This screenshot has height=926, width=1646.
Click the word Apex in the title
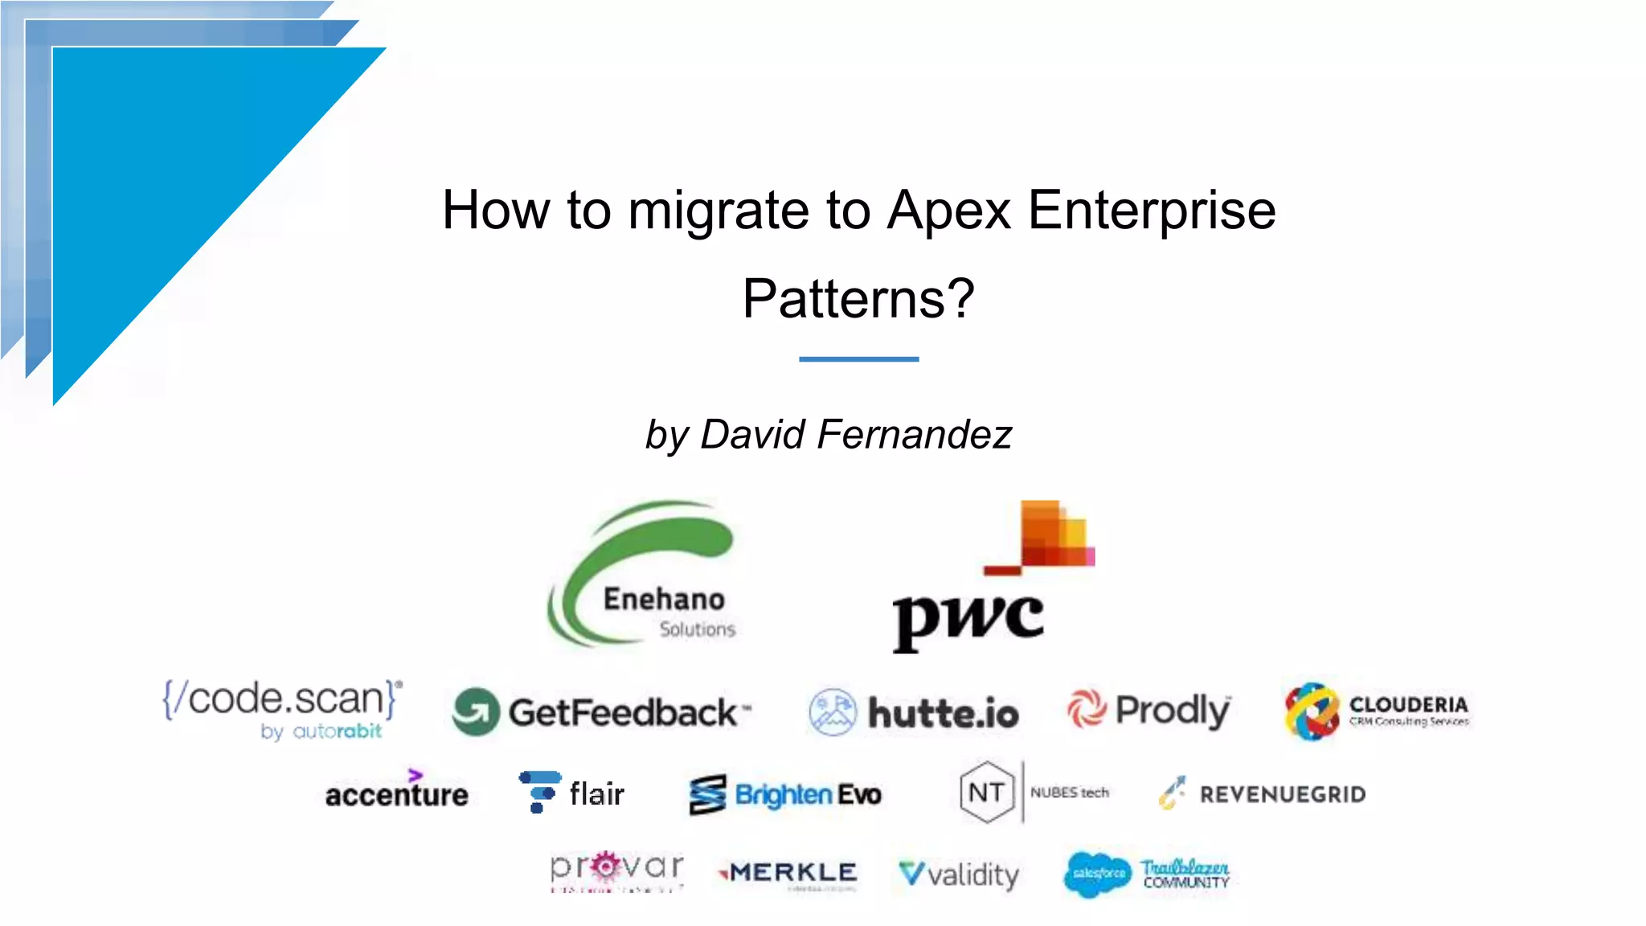click(x=948, y=211)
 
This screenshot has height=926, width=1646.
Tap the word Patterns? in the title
click(x=858, y=299)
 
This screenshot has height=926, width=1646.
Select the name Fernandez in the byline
click(x=914, y=435)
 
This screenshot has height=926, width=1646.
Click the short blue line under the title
click(x=858, y=359)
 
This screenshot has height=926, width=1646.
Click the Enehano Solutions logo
click(x=644, y=575)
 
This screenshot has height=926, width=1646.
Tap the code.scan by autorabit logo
click(x=282, y=708)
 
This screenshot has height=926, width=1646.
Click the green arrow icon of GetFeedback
click(x=475, y=712)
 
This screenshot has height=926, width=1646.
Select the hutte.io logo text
click(x=943, y=714)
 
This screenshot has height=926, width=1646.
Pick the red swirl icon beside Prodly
click(x=1087, y=710)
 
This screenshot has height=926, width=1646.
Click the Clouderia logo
click(x=1377, y=711)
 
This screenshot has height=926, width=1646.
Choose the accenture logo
click(x=396, y=792)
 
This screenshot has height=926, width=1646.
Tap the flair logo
click(x=571, y=793)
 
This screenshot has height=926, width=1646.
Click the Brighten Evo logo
click(x=785, y=794)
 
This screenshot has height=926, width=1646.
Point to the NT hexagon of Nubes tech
click(x=986, y=793)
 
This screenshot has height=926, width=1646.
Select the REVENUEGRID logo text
click(x=1283, y=794)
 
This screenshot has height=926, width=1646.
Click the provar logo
click(x=616, y=871)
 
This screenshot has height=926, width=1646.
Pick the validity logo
click(x=959, y=874)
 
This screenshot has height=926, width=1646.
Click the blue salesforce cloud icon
click(x=1097, y=874)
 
